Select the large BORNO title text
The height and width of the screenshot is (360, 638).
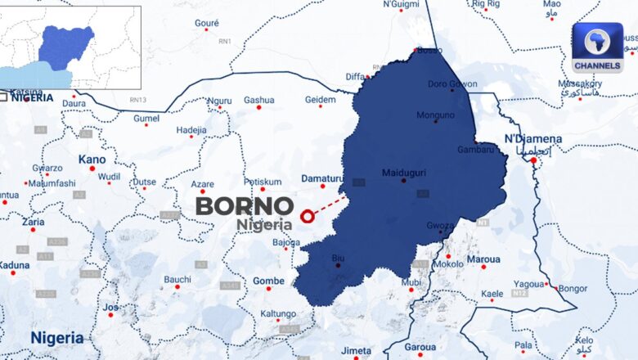point(244,206)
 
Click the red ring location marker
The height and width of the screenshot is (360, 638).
point(308,216)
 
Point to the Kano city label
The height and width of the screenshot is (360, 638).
point(92,159)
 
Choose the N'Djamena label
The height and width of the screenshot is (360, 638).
point(532,138)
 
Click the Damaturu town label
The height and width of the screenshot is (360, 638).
point(321,178)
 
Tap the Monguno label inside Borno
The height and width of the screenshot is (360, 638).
point(435,115)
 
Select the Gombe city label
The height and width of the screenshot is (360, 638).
point(268,281)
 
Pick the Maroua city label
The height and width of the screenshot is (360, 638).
point(483,259)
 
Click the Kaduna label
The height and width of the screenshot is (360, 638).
point(14,264)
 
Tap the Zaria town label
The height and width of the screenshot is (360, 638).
point(33,221)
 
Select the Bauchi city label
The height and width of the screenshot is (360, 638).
point(177,279)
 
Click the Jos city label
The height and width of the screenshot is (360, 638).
point(110,307)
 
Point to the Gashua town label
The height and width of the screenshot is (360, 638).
point(258,100)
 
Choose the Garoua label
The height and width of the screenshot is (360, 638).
point(420,346)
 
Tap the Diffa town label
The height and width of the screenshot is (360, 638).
point(355,76)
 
